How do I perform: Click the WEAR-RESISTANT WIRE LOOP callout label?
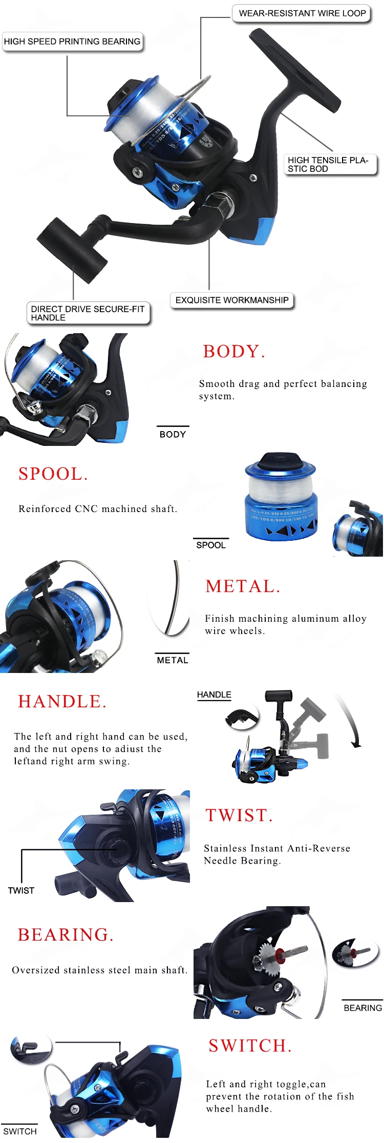pos(302,13)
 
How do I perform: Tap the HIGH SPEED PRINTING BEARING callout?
pos(72,42)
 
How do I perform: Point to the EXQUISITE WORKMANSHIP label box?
pos(232,300)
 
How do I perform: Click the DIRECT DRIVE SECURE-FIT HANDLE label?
pos(88,313)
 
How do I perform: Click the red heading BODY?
pos(234,352)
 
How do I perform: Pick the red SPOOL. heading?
pos(53,474)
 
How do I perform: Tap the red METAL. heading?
pos(243,586)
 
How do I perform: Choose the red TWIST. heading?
pos(239,815)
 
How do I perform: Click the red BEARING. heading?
pos(66,935)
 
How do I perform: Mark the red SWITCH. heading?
pos(250,1046)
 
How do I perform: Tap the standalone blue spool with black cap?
pos(281,497)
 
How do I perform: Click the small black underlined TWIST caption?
pos(21,890)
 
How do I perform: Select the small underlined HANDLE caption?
pos(214,695)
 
